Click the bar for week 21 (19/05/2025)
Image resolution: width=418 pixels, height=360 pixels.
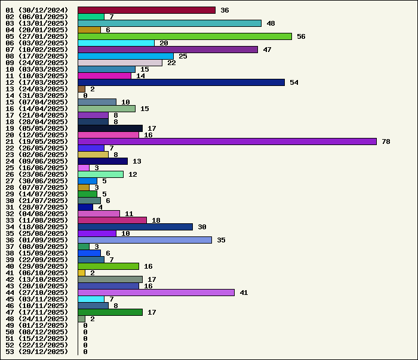point(227,141)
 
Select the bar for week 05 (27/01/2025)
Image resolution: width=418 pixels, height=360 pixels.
point(185,36)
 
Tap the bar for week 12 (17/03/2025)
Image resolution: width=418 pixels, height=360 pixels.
point(181,82)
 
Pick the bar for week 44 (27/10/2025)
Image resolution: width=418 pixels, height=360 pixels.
point(156,293)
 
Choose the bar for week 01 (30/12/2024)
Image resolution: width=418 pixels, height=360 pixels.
point(146,10)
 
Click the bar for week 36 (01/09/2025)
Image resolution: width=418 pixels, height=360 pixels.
point(145,240)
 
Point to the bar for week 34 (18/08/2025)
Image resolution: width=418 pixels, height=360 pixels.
point(135,227)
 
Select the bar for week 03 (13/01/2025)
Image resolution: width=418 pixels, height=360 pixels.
point(170,23)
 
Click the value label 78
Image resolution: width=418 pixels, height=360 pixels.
point(386,141)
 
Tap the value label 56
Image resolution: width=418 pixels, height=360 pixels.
point(301,36)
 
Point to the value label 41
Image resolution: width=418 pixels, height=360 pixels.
point(244,293)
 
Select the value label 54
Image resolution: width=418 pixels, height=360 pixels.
point(294,82)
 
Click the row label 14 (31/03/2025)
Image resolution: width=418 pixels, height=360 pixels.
point(36,96)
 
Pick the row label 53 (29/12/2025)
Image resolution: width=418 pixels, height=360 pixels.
point(36,352)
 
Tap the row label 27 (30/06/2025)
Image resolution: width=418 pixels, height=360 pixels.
point(36,181)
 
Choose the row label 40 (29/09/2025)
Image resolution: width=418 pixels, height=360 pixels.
point(36,266)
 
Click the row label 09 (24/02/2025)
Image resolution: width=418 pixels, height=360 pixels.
point(36,63)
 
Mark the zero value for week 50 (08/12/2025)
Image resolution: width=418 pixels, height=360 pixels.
point(85,332)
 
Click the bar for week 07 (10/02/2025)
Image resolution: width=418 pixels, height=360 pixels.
point(168,50)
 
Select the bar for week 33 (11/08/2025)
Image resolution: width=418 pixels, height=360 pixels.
point(112,220)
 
